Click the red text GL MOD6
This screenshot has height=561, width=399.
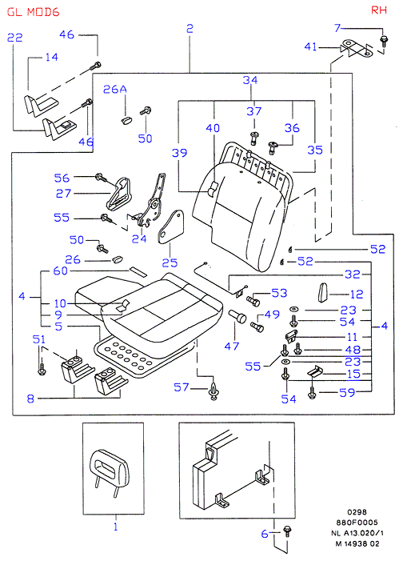[x=33, y=12]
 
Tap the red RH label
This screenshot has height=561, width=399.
[x=379, y=10]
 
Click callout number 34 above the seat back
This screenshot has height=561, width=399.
[x=250, y=80]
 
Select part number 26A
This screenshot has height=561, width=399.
[x=115, y=89]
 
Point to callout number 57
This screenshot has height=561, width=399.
[x=182, y=387]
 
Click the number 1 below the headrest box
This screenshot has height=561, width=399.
[x=115, y=527]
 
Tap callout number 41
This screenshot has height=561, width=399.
[x=310, y=47]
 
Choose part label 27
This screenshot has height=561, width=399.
[x=63, y=193]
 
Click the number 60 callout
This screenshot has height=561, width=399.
[x=60, y=270]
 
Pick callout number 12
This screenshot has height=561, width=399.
[x=357, y=294]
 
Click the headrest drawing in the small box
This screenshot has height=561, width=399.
[x=109, y=473]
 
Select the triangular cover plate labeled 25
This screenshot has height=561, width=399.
[x=171, y=226]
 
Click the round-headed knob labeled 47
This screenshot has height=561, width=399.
[x=237, y=316]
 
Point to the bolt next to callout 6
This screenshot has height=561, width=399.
[x=286, y=531]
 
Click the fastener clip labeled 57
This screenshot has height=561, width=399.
[x=213, y=391]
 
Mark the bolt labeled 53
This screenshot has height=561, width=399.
[x=253, y=301]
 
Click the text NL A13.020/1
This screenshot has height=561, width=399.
[x=357, y=533]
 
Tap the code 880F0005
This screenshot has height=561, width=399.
[x=357, y=522]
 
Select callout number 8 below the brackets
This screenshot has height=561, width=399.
[x=30, y=399]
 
